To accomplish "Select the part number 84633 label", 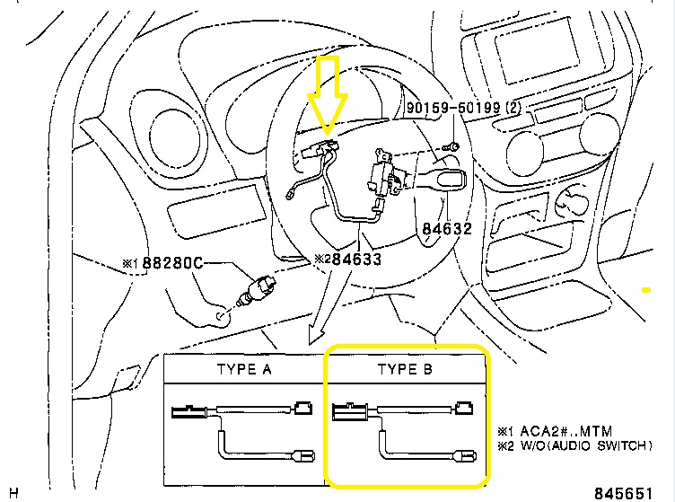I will pos(352,259).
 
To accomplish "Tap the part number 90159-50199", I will pos(453,108).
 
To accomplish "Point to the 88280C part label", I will pos(168,264).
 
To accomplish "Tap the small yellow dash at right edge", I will pos(644,290).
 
